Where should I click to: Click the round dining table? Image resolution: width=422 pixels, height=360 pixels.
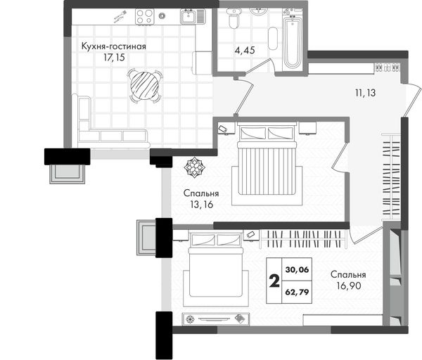pyautogui.click(x=144, y=86)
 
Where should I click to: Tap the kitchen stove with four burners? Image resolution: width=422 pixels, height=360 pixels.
pyautogui.click(x=144, y=17)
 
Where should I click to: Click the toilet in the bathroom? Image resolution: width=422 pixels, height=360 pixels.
pyautogui.click(x=234, y=18)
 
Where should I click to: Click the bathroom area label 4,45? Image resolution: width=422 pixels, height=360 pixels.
pyautogui.click(x=245, y=51)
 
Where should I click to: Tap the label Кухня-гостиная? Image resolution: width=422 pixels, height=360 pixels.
pyautogui.click(x=113, y=46)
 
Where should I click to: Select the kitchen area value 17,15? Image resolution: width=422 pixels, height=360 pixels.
pyautogui.click(x=114, y=58)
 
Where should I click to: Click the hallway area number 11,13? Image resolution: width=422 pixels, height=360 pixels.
pyautogui.click(x=365, y=93)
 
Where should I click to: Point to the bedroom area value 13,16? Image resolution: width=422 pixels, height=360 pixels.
pyautogui.click(x=202, y=205)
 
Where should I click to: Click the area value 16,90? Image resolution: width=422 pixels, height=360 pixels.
pyautogui.click(x=349, y=285)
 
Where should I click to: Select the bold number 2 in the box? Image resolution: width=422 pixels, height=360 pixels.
pyautogui.click(x=274, y=281)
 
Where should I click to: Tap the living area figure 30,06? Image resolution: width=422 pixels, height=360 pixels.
pyautogui.click(x=297, y=269)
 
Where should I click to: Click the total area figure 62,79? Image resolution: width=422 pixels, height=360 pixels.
pyautogui.click(x=297, y=292)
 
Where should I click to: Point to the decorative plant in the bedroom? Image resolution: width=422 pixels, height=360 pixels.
pyautogui.click(x=194, y=167)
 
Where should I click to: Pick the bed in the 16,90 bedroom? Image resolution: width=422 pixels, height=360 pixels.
pyautogui.click(x=215, y=269)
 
